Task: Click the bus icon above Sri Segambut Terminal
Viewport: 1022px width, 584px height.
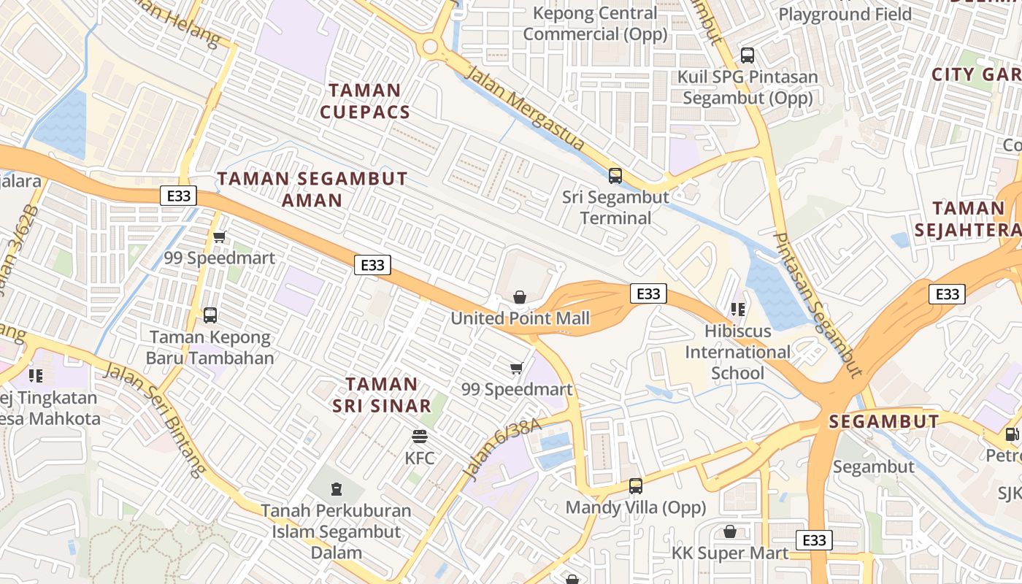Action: coord(615,175)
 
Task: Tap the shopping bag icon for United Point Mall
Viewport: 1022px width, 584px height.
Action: coord(520,297)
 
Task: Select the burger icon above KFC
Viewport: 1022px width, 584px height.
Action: coord(420,437)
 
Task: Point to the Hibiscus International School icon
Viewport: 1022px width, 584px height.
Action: coord(738,310)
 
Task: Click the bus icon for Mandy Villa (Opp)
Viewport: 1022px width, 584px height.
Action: coord(636,485)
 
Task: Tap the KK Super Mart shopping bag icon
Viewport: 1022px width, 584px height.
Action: coord(729,531)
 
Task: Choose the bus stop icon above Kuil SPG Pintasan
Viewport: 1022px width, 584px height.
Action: coord(747,55)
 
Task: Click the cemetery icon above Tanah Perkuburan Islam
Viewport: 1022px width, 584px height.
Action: coord(336,488)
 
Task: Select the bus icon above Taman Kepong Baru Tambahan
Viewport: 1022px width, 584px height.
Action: coord(210,315)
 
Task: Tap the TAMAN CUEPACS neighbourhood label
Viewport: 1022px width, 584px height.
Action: coord(364,101)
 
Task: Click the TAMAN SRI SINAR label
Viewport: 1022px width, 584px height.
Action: coord(382,395)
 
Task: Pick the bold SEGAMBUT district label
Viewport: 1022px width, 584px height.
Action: coord(884,421)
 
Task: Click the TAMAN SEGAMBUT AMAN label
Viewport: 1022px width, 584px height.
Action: coord(312,189)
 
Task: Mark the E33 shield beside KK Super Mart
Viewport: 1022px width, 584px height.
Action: coord(813,540)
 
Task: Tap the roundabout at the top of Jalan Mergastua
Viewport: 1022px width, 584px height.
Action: coord(430,47)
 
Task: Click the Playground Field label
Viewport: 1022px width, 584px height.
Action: coord(845,14)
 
